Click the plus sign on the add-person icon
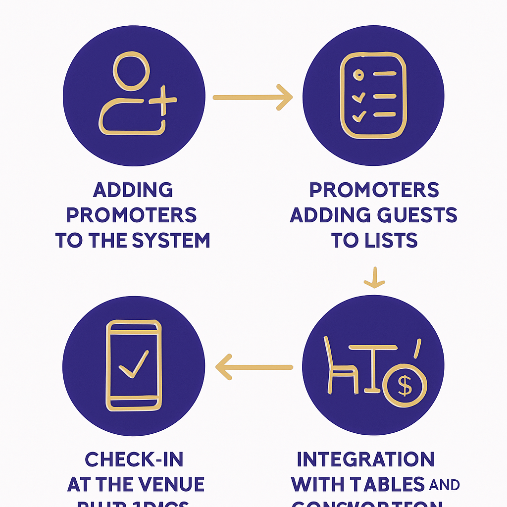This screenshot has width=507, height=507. click(162, 101)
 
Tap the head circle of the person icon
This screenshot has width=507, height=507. click(131, 73)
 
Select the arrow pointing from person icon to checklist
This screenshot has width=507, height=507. click(253, 98)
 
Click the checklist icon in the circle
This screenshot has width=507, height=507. click(373, 95)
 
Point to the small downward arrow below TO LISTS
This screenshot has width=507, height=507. click(374, 278)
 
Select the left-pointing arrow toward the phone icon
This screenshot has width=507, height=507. click(253, 367)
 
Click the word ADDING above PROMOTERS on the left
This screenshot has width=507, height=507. click(133, 190)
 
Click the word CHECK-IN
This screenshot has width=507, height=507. click(134, 459)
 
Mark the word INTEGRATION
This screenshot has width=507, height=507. click(365, 459)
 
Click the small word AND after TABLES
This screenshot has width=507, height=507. click(445, 485)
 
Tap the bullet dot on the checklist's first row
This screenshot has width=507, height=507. click(357, 75)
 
